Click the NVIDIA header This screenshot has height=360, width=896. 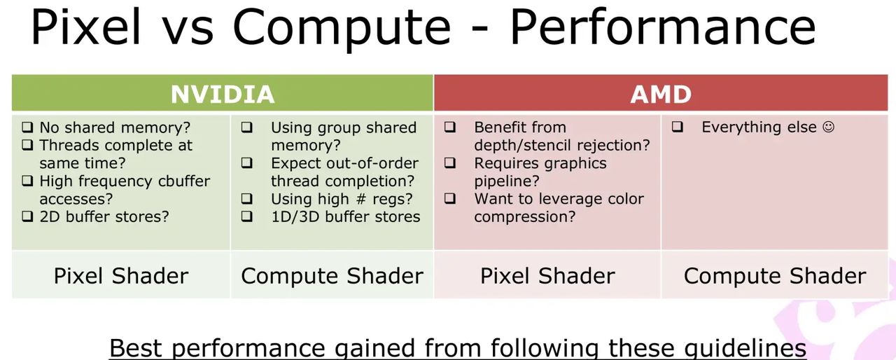(x=223, y=94)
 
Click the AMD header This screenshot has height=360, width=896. (x=661, y=94)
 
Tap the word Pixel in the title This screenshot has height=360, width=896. (x=85, y=27)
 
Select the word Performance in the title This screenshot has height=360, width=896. (x=662, y=27)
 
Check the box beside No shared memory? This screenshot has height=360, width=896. (x=27, y=128)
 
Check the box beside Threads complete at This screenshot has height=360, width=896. (x=27, y=146)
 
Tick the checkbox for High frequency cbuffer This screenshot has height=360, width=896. (x=27, y=181)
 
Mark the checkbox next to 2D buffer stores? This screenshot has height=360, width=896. (x=27, y=216)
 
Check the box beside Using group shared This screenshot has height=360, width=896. (x=247, y=128)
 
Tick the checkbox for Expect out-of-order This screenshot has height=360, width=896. (x=247, y=163)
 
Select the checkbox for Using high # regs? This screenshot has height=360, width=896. (x=247, y=199)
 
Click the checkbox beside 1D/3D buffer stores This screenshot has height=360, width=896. (x=247, y=216)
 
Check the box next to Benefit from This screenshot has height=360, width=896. (x=450, y=128)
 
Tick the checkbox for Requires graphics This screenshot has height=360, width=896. (x=450, y=163)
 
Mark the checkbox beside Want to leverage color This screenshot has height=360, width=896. (x=450, y=199)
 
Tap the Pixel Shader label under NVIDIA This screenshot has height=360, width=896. (x=121, y=276)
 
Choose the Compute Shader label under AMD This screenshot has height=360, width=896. (x=775, y=276)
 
